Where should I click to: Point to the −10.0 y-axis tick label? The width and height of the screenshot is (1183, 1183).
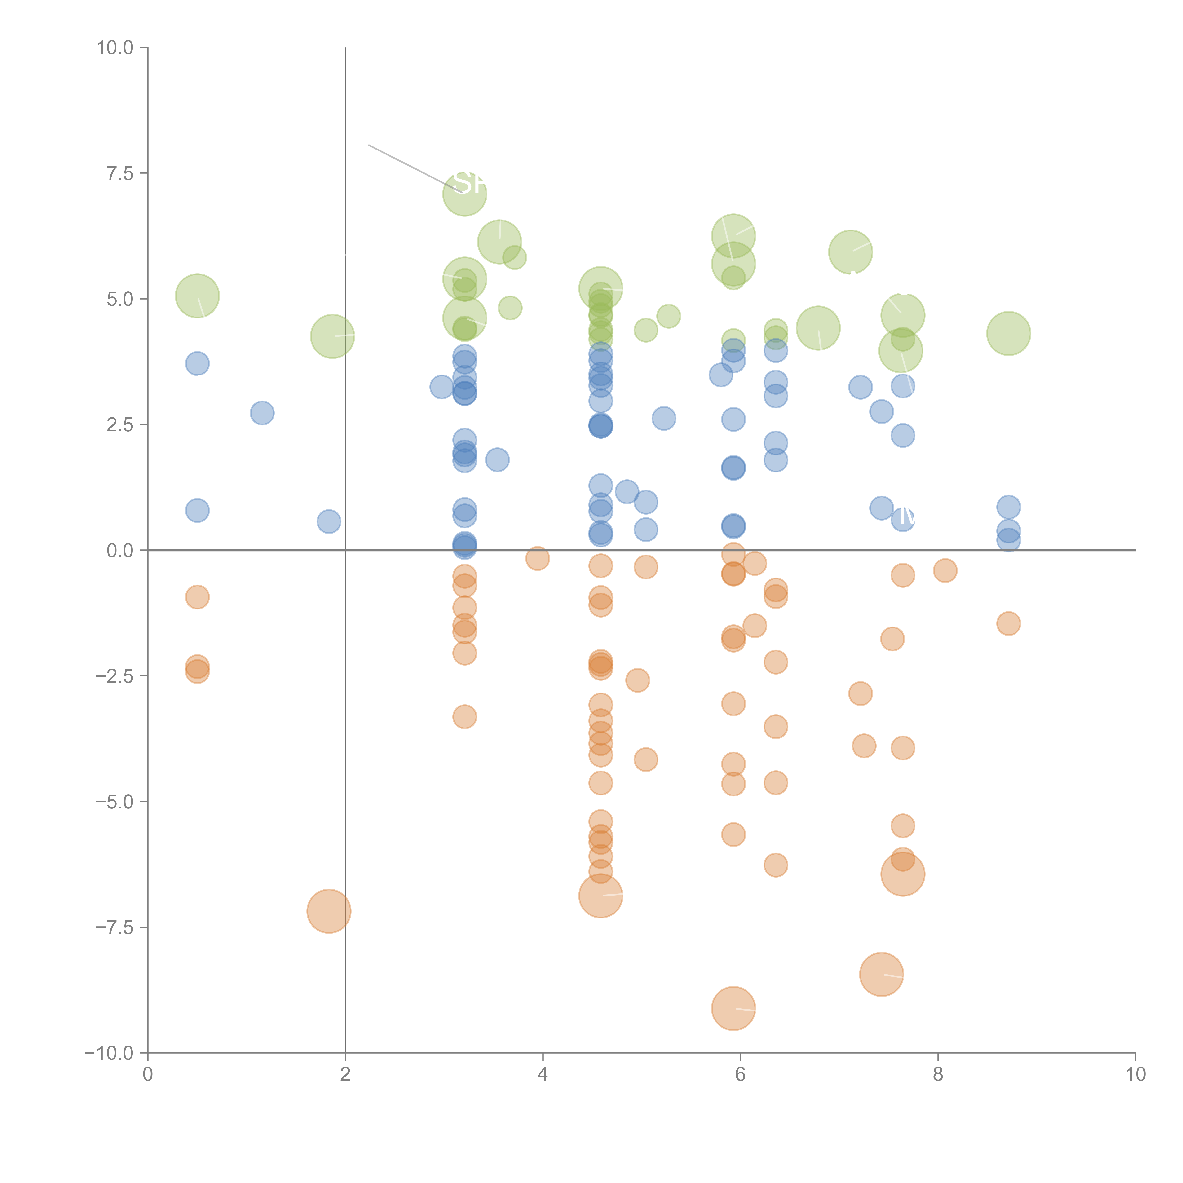pyautogui.click(x=109, y=1053)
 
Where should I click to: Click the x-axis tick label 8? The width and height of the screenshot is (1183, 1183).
pyautogui.click(x=938, y=1075)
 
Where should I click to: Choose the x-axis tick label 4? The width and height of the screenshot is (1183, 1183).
pyautogui.click(x=543, y=1075)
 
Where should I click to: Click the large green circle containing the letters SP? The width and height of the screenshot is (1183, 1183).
pyautogui.click(x=465, y=194)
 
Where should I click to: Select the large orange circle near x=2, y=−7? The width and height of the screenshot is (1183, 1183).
pyautogui.click(x=329, y=911)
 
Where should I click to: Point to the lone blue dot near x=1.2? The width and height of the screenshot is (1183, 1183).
pyautogui.click(x=262, y=413)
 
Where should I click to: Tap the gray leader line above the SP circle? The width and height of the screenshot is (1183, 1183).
pyautogui.click(x=407, y=165)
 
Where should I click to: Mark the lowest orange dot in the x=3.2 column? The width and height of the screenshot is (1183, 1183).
pyautogui.click(x=465, y=717)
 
